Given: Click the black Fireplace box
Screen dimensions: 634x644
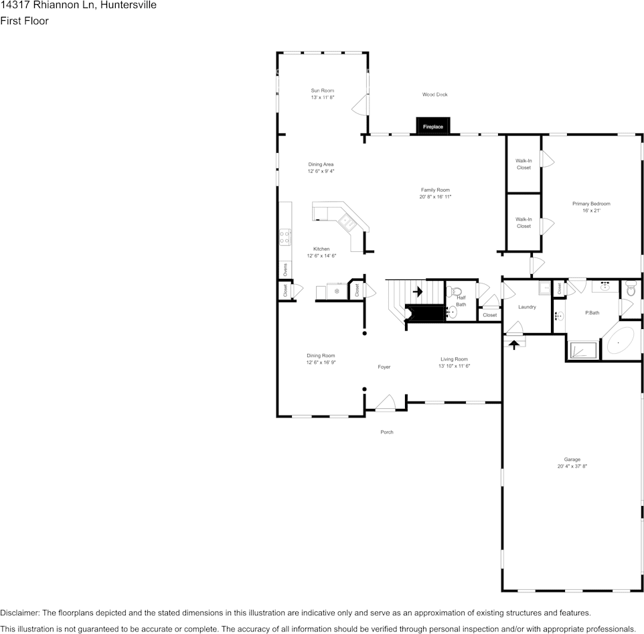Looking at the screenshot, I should pyautogui.click(x=433, y=126).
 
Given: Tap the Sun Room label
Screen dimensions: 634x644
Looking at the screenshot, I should pyautogui.click(x=322, y=90).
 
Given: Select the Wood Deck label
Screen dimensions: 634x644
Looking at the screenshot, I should pyautogui.click(x=434, y=94).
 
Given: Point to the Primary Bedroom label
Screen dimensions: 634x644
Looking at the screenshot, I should pyautogui.click(x=591, y=204).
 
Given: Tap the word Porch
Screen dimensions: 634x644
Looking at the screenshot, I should pyautogui.click(x=387, y=432).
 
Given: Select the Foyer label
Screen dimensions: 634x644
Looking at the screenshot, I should pyautogui.click(x=384, y=367).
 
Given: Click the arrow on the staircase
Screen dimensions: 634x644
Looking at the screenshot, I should pyautogui.click(x=418, y=292).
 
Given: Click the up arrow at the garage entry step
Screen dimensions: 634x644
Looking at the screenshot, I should pyautogui.click(x=514, y=344).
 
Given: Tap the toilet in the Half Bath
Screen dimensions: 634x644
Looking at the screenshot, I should pyautogui.click(x=455, y=292).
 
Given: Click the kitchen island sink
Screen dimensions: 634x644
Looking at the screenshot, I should pyautogui.click(x=347, y=221).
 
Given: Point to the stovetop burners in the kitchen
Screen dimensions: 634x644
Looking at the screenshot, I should pyautogui.click(x=285, y=237).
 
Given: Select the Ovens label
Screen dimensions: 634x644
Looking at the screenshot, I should pyautogui.click(x=285, y=269).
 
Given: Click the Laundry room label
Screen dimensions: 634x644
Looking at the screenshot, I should pyautogui.click(x=527, y=307).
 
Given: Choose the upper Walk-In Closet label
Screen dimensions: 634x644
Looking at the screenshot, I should pyautogui.click(x=524, y=164).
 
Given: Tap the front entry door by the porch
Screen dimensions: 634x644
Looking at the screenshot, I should pyautogui.click(x=386, y=403).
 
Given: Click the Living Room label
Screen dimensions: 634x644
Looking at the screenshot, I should pyautogui.click(x=454, y=359).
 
